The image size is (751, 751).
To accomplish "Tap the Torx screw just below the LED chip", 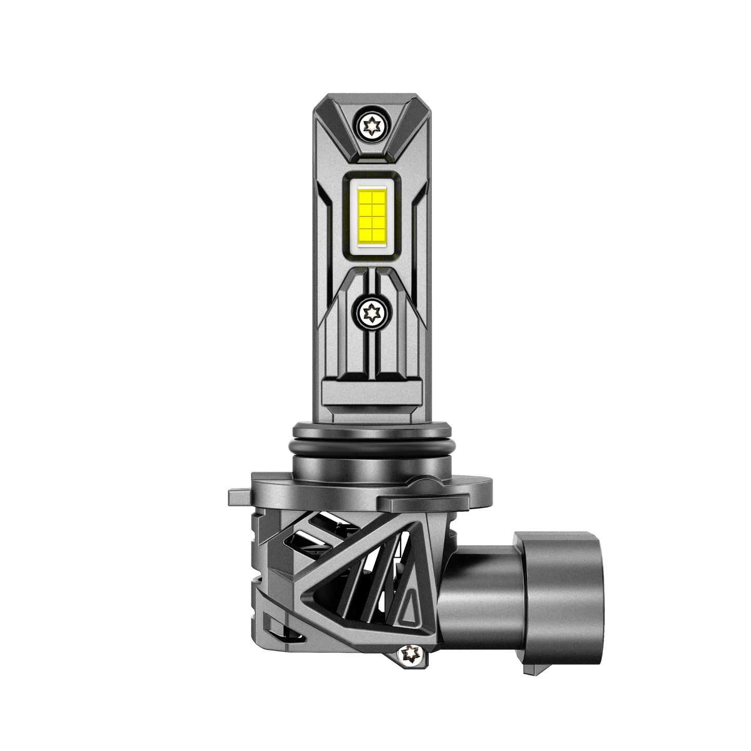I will coord(372,312).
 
